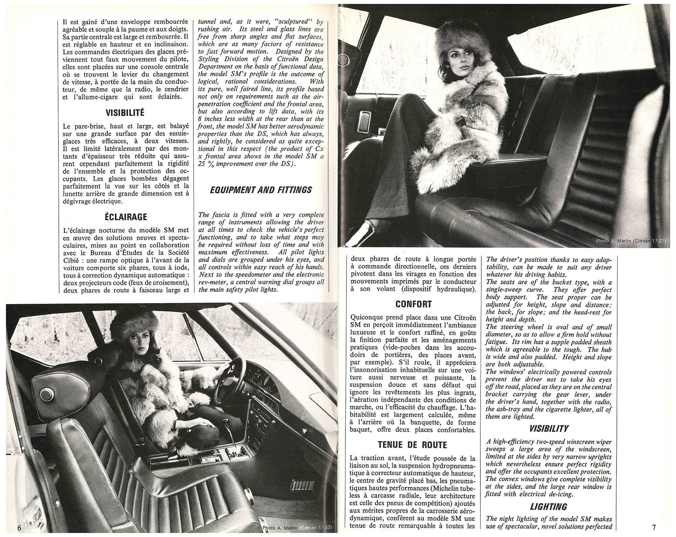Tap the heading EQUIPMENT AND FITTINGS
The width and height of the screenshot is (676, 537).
[261, 190]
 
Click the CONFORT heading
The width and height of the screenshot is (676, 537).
[413, 304]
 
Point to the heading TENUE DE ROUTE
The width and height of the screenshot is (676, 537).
[413, 444]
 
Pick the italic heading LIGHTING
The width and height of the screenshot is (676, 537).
[549, 507]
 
